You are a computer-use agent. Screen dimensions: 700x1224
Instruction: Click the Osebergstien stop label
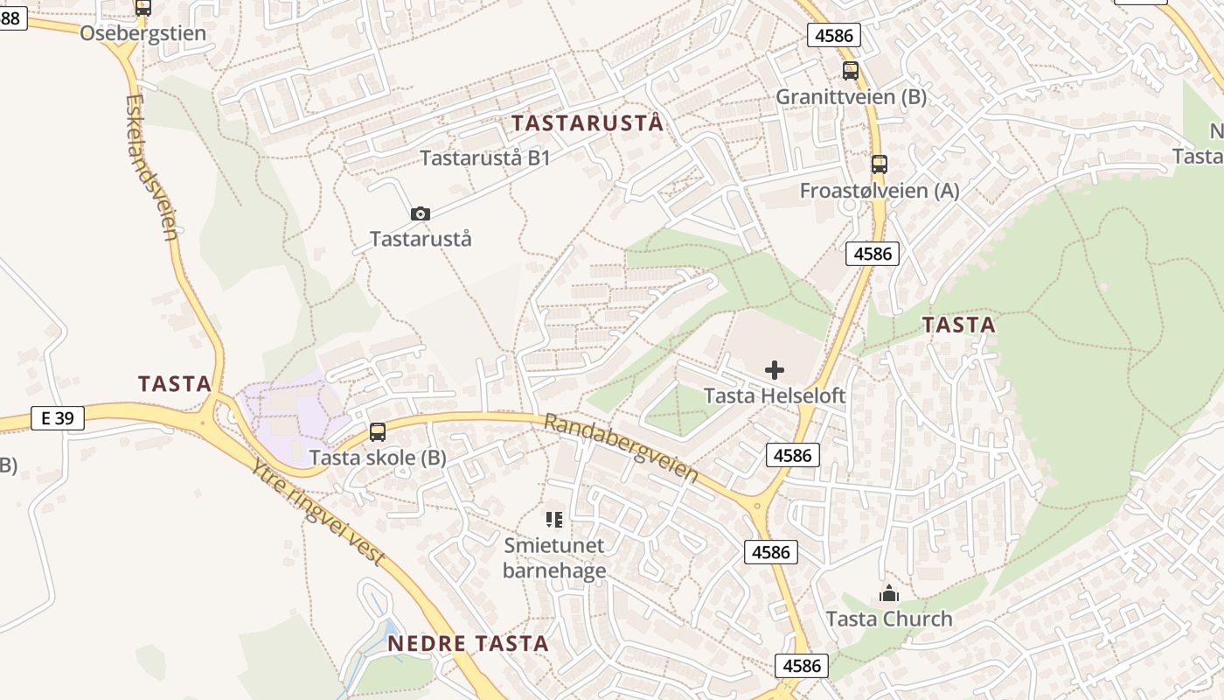[143, 33]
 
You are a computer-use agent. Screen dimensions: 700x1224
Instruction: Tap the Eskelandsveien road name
[151, 166]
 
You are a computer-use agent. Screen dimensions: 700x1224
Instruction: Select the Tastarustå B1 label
[485, 158]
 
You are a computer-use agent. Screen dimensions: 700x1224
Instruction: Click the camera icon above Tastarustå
[421, 213]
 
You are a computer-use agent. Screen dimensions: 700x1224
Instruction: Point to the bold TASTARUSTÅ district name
[588, 123]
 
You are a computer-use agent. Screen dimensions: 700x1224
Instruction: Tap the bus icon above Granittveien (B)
[850, 71]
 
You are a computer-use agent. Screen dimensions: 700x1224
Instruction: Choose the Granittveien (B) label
[851, 96]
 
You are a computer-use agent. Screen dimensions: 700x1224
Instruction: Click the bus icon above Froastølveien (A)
[879, 164]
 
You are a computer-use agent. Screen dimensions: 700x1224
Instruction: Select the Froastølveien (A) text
[880, 191]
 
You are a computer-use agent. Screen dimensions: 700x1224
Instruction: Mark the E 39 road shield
[58, 418]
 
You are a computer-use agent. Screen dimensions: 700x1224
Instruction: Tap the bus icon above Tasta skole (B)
[378, 431]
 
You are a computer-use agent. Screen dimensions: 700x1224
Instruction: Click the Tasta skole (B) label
[378, 458]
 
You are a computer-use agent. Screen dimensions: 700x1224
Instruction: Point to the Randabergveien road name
[621, 447]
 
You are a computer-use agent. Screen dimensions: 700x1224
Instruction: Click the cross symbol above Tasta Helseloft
[775, 370]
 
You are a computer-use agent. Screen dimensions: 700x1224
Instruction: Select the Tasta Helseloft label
[775, 395]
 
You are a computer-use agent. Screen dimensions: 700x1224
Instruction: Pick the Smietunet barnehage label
[554, 558]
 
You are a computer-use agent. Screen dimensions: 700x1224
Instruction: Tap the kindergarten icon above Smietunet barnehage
[554, 520]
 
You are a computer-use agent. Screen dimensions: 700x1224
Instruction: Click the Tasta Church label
[889, 619]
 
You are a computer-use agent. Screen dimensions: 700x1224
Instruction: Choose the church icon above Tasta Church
[889, 594]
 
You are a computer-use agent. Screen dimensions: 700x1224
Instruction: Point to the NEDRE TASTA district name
[468, 644]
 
